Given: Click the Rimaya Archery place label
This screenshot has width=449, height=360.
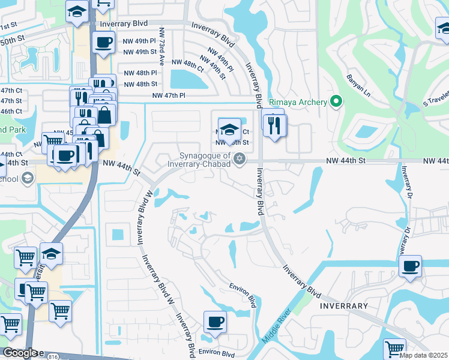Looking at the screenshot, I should click(297, 102).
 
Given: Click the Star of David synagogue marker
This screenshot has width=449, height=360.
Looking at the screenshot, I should click(240, 159).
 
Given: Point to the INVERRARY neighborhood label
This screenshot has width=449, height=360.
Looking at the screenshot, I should click(343, 306).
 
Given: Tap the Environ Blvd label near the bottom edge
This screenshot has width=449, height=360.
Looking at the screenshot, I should click(217, 354).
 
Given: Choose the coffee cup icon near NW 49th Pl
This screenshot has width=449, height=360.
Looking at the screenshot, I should click(103, 43).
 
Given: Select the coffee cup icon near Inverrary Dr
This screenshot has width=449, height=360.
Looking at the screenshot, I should click(411, 266).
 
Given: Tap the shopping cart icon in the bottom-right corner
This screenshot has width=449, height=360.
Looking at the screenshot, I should click(394, 349).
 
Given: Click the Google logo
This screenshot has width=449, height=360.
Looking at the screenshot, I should click(20, 353).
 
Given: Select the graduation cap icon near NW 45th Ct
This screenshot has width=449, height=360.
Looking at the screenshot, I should click(229, 129).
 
